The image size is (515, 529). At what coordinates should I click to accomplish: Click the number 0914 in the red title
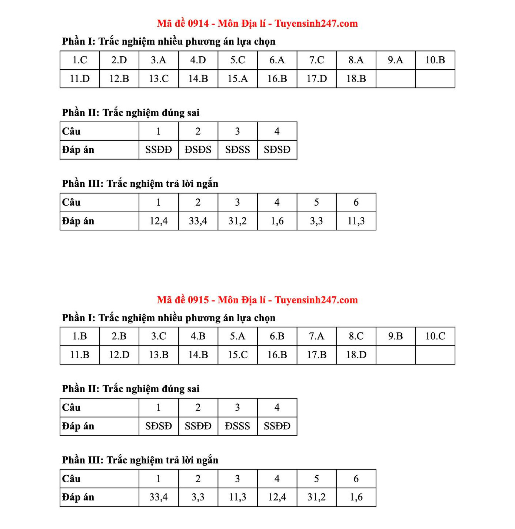198,24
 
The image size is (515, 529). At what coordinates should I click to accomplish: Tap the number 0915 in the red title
198,300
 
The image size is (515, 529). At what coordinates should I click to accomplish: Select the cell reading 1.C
80,60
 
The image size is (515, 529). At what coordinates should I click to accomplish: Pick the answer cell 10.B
435,60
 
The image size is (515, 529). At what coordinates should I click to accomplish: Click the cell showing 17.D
317,79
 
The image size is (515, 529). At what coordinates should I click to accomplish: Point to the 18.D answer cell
356,355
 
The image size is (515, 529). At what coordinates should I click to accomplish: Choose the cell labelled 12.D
119,355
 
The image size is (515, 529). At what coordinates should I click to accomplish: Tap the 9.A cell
395,60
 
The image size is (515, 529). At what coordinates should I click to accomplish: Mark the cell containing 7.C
317,60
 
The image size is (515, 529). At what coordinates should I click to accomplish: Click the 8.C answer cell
356,336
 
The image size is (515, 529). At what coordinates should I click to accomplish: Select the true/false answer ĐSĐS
198,150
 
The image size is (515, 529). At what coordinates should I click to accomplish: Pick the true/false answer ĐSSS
237,426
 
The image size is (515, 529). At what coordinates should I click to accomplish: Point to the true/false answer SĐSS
237,150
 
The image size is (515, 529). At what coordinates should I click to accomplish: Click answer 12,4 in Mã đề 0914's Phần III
159,221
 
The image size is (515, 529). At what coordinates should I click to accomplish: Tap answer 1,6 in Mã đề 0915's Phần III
356,497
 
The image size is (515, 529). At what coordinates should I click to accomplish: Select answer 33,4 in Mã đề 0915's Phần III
159,497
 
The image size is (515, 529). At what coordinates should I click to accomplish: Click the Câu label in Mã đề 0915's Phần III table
71,479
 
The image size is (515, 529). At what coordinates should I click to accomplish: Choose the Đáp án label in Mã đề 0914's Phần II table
78,150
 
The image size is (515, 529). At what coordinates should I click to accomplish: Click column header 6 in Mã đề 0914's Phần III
356,202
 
